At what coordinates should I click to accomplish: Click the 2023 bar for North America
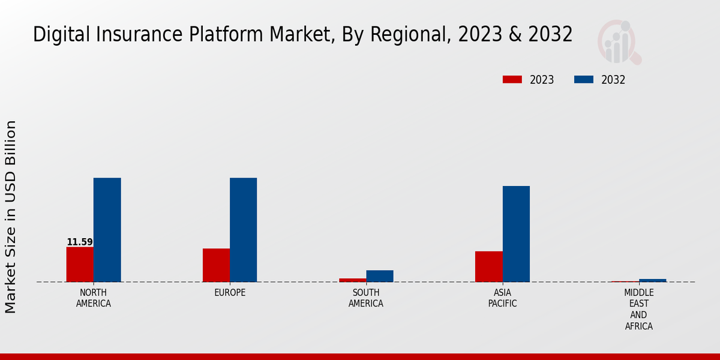point(80,264)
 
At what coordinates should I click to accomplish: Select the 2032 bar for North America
point(107,230)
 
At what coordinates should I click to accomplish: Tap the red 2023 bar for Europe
point(216,265)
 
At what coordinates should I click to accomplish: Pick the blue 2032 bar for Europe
point(243,230)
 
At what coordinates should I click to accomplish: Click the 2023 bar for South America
point(352,280)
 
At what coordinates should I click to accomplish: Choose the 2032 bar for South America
point(380,276)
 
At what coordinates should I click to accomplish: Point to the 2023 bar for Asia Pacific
point(488,266)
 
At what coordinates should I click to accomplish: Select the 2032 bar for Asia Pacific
point(516,234)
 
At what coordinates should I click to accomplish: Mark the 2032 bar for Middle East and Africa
point(652,280)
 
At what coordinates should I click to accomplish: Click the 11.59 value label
point(80,242)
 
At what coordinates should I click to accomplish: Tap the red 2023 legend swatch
point(512,80)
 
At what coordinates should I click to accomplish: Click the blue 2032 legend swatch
point(583,80)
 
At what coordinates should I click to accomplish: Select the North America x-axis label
point(94,298)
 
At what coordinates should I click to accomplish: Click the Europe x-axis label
point(230,293)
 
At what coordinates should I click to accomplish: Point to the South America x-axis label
point(366,298)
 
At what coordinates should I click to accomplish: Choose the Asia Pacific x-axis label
point(502,298)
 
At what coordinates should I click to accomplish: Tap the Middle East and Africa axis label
point(638,310)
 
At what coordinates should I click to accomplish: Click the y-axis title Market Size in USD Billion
point(11,217)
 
